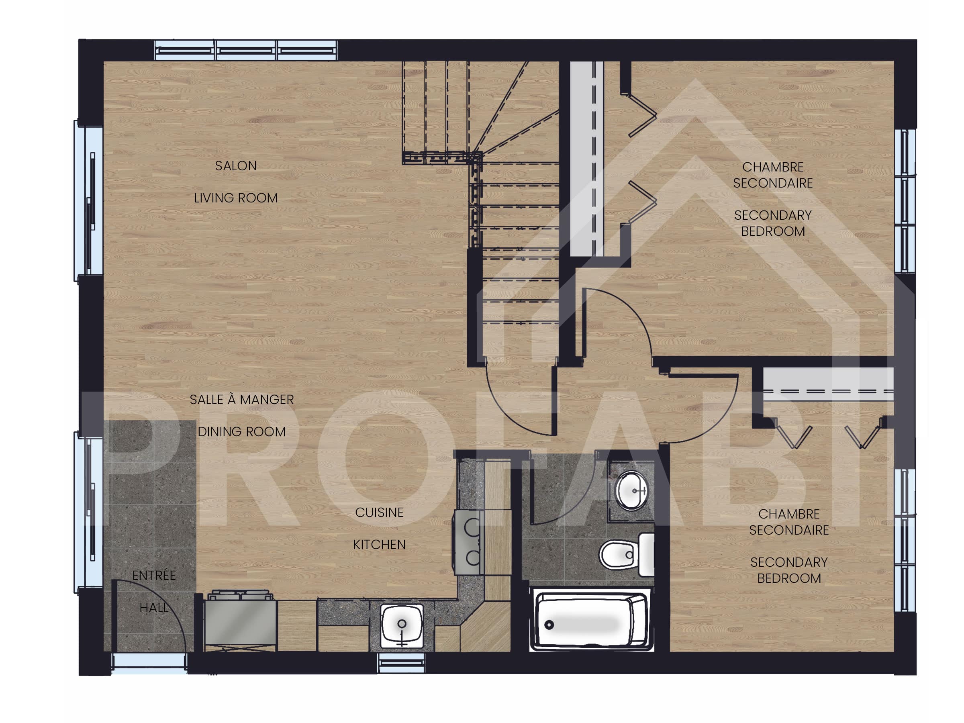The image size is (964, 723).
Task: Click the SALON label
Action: click(x=236, y=166)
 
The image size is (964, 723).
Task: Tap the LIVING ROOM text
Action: click(x=236, y=198)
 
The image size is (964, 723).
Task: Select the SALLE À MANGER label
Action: click(x=242, y=400)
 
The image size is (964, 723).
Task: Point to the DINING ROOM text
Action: click(x=242, y=432)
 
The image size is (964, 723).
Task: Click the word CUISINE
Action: click(x=379, y=513)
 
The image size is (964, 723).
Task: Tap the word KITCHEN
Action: click(x=379, y=545)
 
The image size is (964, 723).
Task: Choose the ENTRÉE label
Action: click(x=154, y=576)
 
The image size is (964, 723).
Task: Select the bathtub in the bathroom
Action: click(x=591, y=621)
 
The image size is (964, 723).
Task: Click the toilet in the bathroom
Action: click(x=625, y=555)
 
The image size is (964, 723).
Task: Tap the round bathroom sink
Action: click(x=631, y=491)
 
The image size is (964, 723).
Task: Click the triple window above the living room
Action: click(x=246, y=51)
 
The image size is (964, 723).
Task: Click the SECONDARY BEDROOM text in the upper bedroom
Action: click(x=773, y=223)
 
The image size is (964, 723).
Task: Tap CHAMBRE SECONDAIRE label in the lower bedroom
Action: click(x=789, y=522)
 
